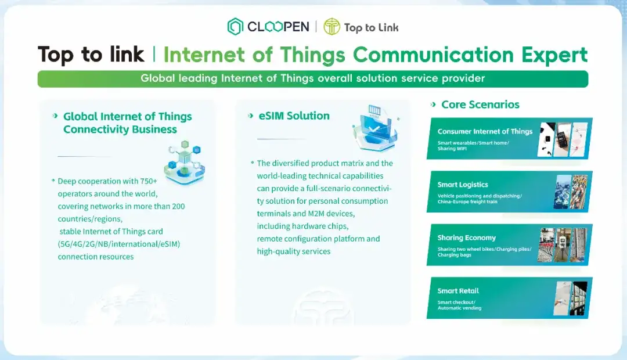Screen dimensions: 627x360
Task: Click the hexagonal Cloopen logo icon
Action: (x=235, y=26)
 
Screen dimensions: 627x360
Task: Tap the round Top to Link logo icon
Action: (x=331, y=26)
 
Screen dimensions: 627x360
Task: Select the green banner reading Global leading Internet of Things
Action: (x=313, y=79)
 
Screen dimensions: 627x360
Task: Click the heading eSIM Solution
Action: (x=294, y=116)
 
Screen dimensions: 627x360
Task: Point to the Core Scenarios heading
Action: (x=480, y=105)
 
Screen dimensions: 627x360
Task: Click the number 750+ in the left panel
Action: (x=149, y=181)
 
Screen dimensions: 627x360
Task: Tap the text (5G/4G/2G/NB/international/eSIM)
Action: (x=119, y=244)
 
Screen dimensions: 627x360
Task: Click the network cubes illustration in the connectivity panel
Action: (x=185, y=163)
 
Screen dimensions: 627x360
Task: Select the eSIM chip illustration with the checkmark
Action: (x=375, y=128)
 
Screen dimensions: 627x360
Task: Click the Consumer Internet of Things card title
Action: (x=485, y=131)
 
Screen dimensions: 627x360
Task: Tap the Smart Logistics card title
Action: (x=463, y=185)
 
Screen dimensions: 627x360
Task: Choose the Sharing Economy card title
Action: (x=466, y=237)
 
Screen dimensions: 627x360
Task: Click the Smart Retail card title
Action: (x=458, y=291)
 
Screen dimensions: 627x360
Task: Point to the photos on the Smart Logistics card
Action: (x=571, y=192)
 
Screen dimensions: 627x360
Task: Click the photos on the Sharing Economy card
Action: (x=562, y=245)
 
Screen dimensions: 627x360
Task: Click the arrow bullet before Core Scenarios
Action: (x=433, y=105)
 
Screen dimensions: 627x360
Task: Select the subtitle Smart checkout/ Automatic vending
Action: (x=459, y=305)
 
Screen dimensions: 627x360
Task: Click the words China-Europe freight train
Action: (x=467, y=201)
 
